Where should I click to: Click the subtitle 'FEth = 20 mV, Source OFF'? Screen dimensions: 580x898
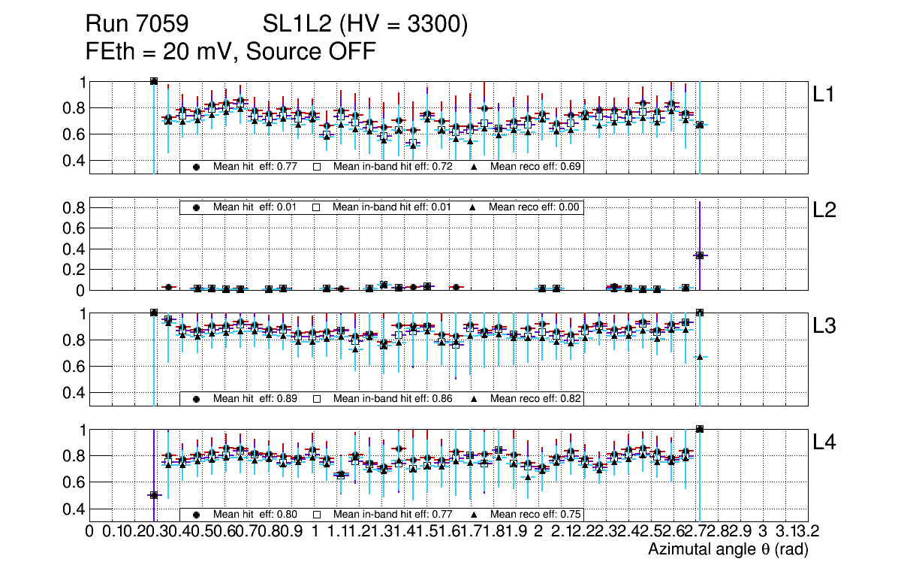[x=231, y=51]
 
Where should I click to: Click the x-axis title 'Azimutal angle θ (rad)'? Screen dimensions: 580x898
[x=728, y=550]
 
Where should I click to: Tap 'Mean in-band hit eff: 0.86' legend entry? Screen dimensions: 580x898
[x=392, y=398]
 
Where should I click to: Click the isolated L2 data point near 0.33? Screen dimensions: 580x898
[x=699, y=255]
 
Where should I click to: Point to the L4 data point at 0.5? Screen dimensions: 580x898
[x=154, y=494]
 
